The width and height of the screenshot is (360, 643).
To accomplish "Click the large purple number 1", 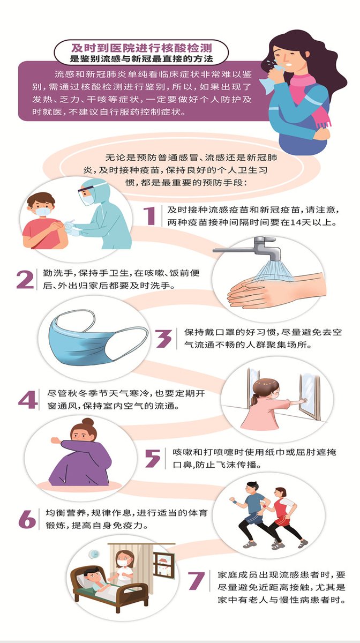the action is click(149, 216).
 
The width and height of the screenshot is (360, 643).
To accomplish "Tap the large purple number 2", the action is click(25, 280).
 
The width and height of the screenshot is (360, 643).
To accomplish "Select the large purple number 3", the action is click(163, 339).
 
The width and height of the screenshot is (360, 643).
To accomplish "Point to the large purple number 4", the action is click(27, 399).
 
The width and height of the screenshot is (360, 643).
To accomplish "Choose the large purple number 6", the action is click(27, 519).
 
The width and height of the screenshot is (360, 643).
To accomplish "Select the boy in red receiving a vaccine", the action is click(43, 221).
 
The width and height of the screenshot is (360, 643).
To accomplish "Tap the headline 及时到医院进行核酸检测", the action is click(141, 47).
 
